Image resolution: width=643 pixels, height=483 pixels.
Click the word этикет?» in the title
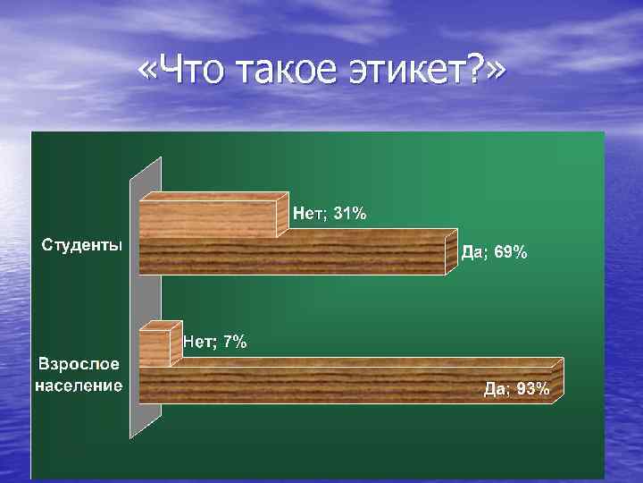tap(420, 71)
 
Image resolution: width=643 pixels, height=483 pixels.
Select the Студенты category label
tap(80, 244)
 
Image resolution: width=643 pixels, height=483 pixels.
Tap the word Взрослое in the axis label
tap(80, 367)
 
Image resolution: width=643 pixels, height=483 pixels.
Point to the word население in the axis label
tap(80, 386)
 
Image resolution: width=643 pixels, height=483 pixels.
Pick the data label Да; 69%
tap(494, 252)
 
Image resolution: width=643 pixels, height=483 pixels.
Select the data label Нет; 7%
tap(215, 341)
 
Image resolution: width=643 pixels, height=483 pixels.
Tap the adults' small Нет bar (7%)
tap(154, 347)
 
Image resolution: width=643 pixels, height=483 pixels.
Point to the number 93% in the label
tap(533, 389)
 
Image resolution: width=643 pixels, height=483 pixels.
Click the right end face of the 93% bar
tap(558, 379)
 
